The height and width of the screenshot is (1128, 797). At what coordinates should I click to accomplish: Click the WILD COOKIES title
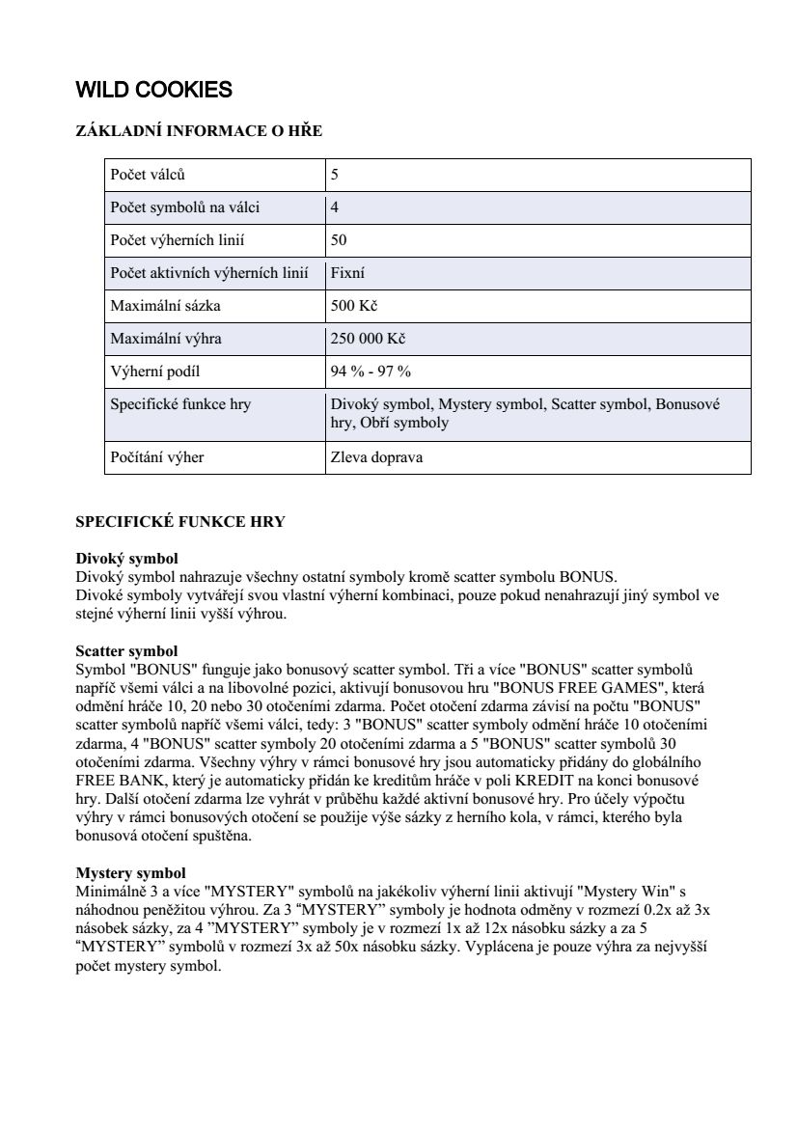pos(154,91)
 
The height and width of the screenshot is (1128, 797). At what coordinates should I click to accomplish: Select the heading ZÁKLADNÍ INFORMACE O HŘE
pos(199,131)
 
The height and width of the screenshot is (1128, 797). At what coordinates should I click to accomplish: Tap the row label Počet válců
pos(148,176)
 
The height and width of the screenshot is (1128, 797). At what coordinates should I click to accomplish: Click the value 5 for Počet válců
pos(335,176)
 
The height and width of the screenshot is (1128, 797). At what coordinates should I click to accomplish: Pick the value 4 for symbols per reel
pos(335,207)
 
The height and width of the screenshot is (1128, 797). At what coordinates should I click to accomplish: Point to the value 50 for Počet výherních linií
pos(339,240)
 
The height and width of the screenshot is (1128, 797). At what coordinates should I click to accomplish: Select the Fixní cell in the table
pos(347,273)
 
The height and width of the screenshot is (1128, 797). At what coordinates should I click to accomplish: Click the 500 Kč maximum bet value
pos(353,306)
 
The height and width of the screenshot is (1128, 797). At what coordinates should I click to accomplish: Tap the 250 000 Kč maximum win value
pos(368,339)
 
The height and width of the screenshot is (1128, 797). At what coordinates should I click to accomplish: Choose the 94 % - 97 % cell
pos(371,371)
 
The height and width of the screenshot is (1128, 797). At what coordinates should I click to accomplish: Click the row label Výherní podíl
pos(155,371)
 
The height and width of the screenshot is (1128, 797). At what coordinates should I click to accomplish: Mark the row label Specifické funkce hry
pos(180,404)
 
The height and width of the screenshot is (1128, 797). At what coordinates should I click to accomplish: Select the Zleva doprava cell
pos(376,457)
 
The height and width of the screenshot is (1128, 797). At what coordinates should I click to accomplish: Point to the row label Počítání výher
pos(157,457)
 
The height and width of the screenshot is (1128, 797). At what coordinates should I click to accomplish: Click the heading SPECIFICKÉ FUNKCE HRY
pos(180,522)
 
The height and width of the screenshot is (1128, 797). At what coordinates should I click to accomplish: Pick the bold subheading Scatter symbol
pos(126,652)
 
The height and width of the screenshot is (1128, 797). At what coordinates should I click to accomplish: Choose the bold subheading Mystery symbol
pos(130,873)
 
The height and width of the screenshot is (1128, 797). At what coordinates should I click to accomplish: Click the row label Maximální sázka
pos(166,306)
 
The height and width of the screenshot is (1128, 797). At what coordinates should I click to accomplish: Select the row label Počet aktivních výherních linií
pos(209,273)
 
